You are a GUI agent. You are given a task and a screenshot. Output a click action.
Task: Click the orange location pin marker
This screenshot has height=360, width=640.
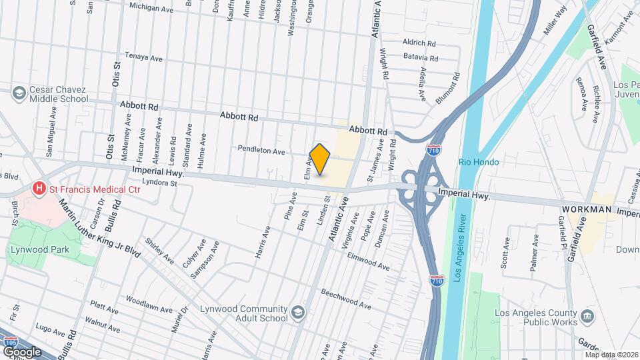point(320,159)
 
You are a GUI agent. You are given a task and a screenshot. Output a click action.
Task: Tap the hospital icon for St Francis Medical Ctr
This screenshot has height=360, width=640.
point(39,189)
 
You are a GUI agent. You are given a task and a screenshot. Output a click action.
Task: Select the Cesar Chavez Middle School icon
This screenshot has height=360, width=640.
point(18,92)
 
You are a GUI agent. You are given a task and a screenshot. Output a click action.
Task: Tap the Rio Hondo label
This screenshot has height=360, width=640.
point(479,162)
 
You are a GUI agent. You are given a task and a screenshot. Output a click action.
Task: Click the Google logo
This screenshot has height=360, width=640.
point(22,351)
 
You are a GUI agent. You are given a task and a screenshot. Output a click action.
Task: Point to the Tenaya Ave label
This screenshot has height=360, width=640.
point(144,58)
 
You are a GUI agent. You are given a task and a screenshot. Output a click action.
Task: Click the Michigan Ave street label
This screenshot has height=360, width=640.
point(151,7)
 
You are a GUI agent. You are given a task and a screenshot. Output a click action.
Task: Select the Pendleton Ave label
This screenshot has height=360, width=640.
point(263,151)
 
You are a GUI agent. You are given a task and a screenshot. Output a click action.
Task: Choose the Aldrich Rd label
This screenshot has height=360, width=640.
point(419,42)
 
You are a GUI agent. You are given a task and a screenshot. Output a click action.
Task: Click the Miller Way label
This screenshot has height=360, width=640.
point(554,20)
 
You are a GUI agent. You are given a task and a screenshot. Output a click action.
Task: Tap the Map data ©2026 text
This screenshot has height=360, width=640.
point(610,355)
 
